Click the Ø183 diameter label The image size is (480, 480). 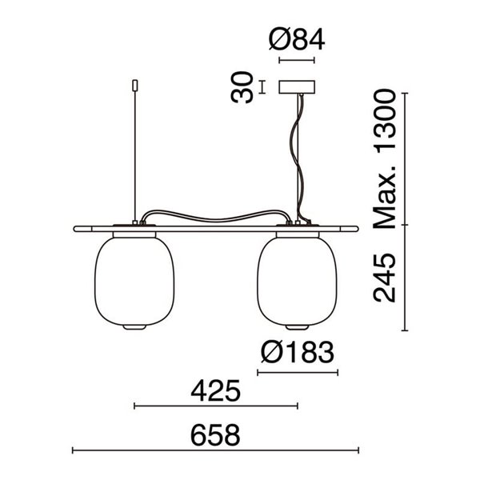coord(297,352)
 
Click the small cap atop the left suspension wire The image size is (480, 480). coord(134,83)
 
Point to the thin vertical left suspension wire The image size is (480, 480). coord(134,152)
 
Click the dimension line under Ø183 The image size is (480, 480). coord(297,373)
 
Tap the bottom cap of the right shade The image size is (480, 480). coord(296,328)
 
